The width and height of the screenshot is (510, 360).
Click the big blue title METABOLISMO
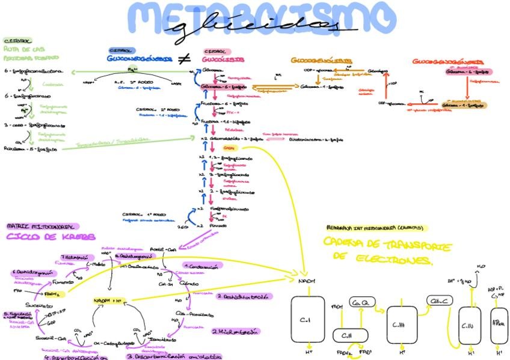[256, 21]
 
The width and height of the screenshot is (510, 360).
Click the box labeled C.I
[307, 320]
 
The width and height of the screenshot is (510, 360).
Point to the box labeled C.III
[401, 325]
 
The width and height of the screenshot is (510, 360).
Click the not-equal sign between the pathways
[183, 59]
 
